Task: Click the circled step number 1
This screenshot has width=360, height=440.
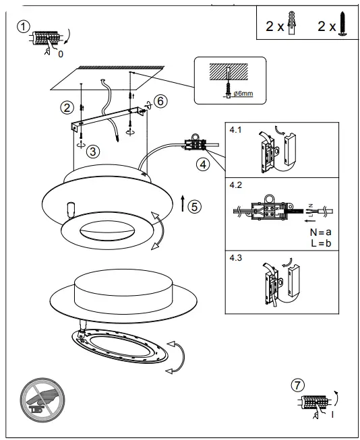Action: (23, 26)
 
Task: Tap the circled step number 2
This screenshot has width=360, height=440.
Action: (66, 106)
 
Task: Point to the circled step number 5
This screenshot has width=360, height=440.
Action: (194, 206)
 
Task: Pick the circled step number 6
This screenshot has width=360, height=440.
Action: (160, 100)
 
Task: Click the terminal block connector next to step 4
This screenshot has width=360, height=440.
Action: (196, 143)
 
